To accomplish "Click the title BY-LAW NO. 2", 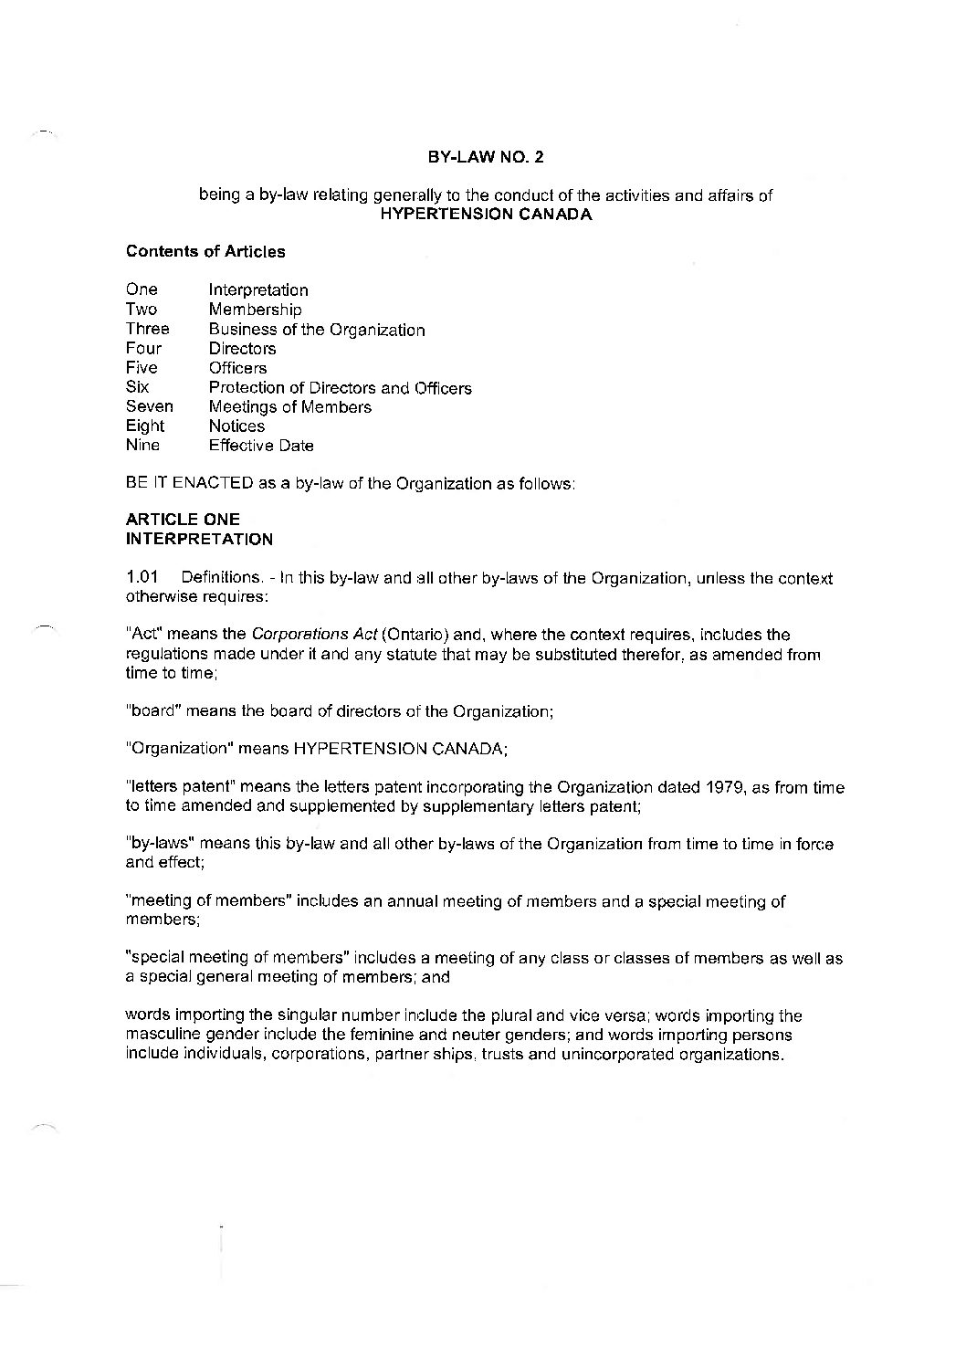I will (x=486, y=156).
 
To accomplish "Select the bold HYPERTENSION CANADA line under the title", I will (x=486, y=215).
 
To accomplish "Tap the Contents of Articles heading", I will (x=205, y=251).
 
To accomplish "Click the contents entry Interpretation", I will (x=258, y=290).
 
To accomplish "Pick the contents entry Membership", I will (x=255, y=310).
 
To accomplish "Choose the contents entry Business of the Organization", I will (x=317, y=330).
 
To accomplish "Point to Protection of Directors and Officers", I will (x=340, y=388).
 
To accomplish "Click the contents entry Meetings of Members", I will (x=289, y=407).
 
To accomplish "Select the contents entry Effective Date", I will (x=261, y=446).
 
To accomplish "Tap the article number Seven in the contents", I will (x=149, y=407).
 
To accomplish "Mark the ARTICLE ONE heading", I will (x=183, y=520).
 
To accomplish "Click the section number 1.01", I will (x=142, y=578).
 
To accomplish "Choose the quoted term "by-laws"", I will (x=157, y=844).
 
